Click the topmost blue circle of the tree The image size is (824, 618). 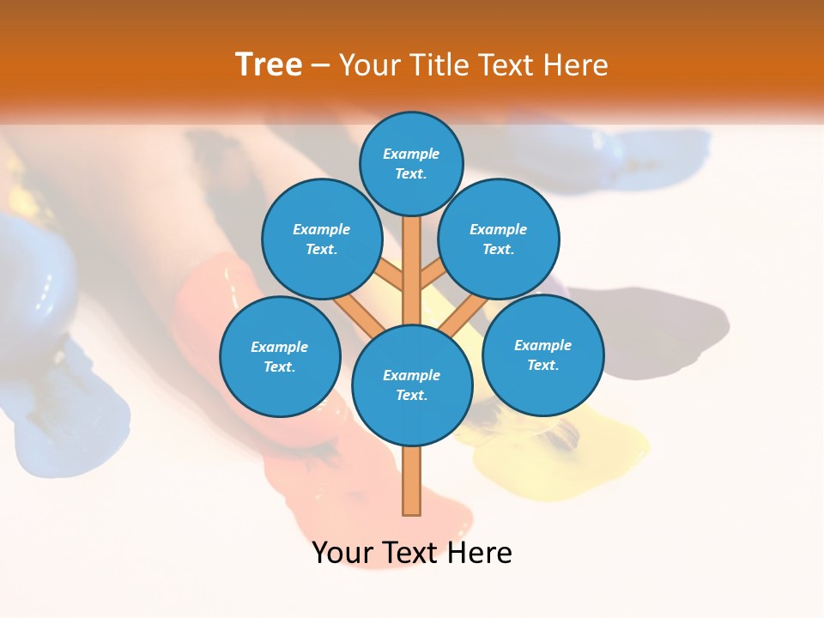tap(411, 163)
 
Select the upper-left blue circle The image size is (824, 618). tap(322, 239)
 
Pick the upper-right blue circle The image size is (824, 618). tap(499, 239)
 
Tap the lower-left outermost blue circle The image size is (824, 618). tap(280, 356)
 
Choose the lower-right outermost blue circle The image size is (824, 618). tap(542, 354)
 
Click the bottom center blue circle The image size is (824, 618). tap(412, 385)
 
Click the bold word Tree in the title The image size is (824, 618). tap(269, 64)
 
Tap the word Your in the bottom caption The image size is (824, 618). tap(342, 552)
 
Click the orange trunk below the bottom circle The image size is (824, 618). tap(412, 481)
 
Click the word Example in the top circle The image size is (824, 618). tap(411, 154)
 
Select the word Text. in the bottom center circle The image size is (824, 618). tap(411, 395)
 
